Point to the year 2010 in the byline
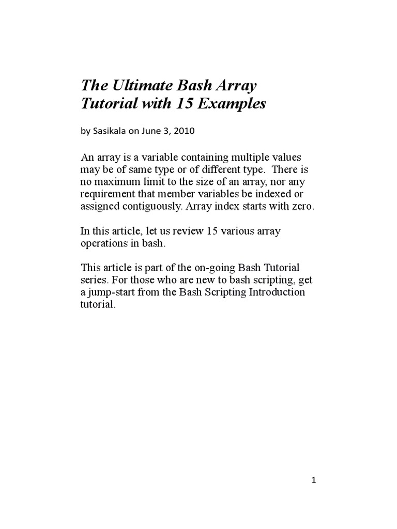(x=184, y=131)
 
